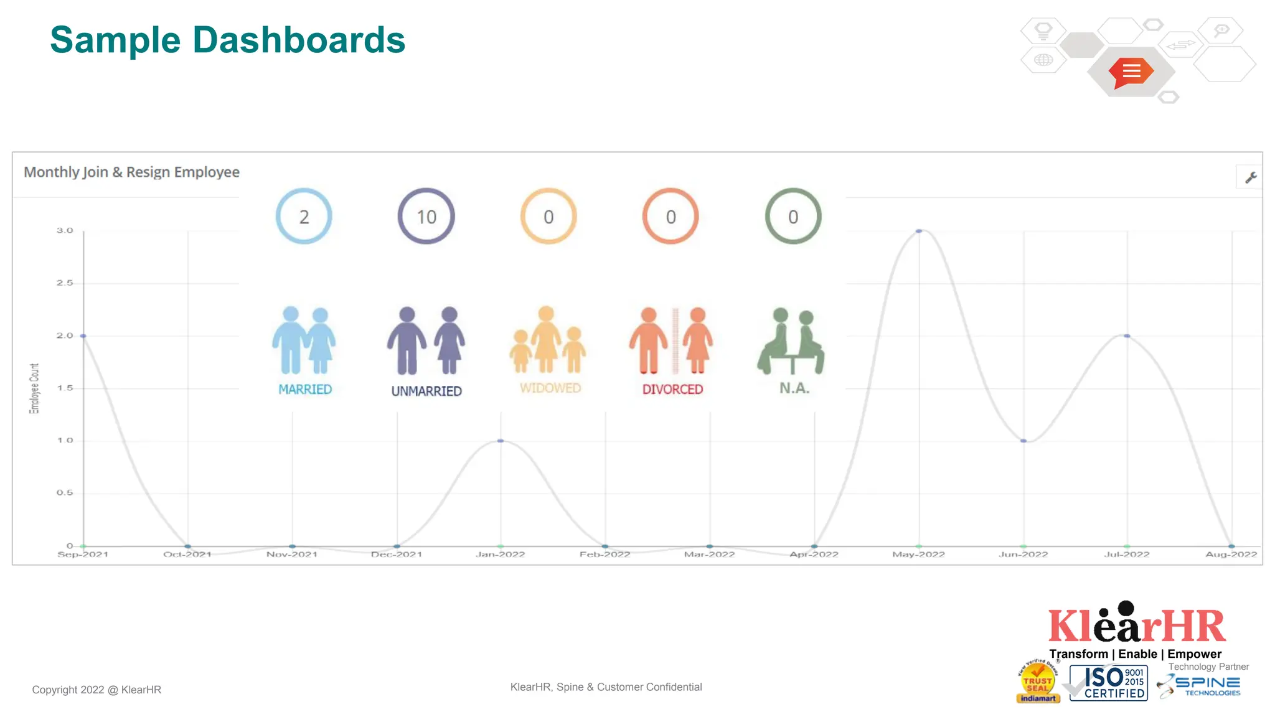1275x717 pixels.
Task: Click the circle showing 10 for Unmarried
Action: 426,216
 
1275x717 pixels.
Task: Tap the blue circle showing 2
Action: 304,216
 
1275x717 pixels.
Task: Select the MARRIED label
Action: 305,390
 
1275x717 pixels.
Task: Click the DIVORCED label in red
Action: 672,390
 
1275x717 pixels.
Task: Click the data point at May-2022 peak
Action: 919,231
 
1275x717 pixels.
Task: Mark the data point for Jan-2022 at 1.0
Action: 501,441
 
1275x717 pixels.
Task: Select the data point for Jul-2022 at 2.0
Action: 1127,336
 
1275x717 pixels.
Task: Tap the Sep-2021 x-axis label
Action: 83,555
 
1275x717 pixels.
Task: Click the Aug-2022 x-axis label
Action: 1231,555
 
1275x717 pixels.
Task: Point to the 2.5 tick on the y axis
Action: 65,283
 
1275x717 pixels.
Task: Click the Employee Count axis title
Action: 34,388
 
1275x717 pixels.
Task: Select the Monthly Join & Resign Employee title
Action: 131,172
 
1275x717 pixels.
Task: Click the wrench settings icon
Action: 1251,178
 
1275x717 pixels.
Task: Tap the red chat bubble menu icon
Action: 1131,72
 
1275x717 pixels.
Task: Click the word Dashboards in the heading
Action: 299,40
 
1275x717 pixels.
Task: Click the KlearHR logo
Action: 1137,624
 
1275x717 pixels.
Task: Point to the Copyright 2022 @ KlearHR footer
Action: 96,690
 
